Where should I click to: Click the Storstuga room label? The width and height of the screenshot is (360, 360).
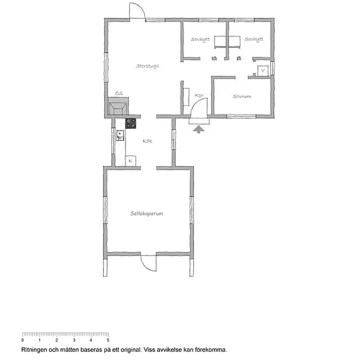coord(148,66)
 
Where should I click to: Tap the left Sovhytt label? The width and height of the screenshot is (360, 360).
coord(200,40)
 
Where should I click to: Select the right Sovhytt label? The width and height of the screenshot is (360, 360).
coord(254,40)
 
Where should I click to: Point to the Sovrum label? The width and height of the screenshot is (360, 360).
coord(242,96)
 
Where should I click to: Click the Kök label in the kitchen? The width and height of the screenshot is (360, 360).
coord(147,141)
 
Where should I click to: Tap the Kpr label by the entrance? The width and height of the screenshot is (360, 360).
coord(199,95)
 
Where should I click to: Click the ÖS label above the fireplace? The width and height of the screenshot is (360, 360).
coord(119,93)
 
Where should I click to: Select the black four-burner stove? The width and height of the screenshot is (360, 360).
coord(131,123)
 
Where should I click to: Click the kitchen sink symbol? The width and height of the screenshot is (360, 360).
coord(120,135)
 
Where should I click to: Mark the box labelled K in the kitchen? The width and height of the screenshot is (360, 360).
coord(130,160)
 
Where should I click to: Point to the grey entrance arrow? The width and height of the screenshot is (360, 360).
coord(198,129)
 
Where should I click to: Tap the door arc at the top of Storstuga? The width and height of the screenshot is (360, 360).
coord(137,10)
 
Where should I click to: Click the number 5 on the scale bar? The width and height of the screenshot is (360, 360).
coord(108,340)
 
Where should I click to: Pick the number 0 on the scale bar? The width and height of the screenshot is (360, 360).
coord(22,340)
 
